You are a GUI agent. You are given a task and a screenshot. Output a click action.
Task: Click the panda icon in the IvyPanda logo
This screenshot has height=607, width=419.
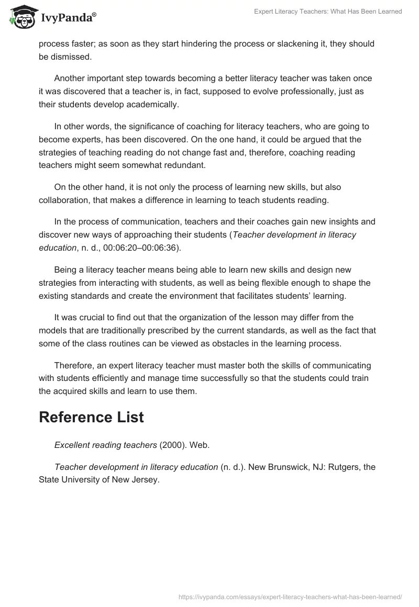(20, 17)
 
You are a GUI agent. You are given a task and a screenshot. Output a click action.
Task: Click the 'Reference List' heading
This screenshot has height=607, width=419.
(91, 417)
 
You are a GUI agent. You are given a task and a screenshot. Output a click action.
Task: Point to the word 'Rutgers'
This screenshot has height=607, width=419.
(344, 466)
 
